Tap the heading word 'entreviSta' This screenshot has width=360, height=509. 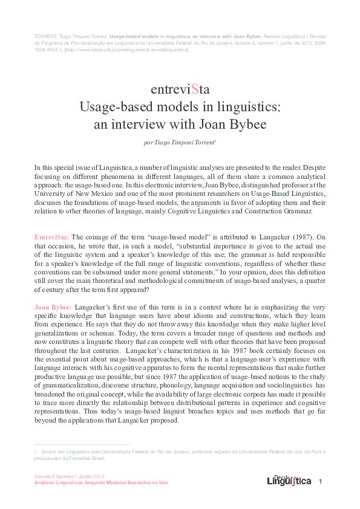(180, 89)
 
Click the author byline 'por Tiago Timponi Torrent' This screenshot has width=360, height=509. (180, 143)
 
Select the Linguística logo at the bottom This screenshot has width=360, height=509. (289, 481)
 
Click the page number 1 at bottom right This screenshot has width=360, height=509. (321, 481)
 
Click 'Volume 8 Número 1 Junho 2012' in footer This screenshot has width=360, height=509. (70, 477)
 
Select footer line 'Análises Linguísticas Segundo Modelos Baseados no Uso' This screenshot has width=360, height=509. (100, 483)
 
